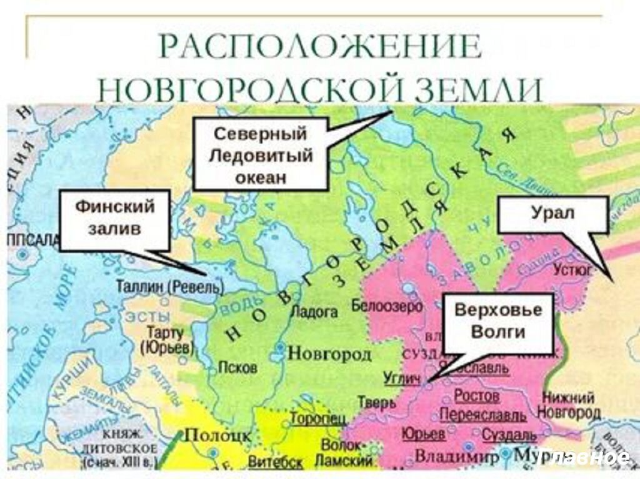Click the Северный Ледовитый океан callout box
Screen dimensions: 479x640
(x=261, y=154)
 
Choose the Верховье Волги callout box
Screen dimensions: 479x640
(x=498, y=322)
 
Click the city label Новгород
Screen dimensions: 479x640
(x=329, y=353)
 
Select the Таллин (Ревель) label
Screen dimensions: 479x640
(x=169, y=287)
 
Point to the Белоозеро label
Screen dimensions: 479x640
(x=387, y=306)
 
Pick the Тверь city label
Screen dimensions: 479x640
(x=376, y=403)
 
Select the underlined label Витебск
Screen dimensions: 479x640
(x=276, y=463)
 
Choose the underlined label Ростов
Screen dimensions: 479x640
(x=476, y=396)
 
